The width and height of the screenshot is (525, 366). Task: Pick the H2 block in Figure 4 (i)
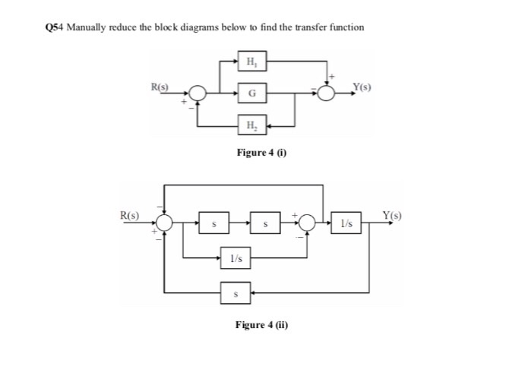(251, 125)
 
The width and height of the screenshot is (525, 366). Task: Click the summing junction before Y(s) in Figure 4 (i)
(327, 93)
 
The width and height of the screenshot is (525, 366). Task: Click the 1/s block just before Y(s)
(347, 223)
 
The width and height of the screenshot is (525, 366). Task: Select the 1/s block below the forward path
(236, 259)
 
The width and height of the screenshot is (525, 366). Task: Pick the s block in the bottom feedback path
(236, 291)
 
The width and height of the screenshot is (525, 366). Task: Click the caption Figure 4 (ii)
(261, 325)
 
